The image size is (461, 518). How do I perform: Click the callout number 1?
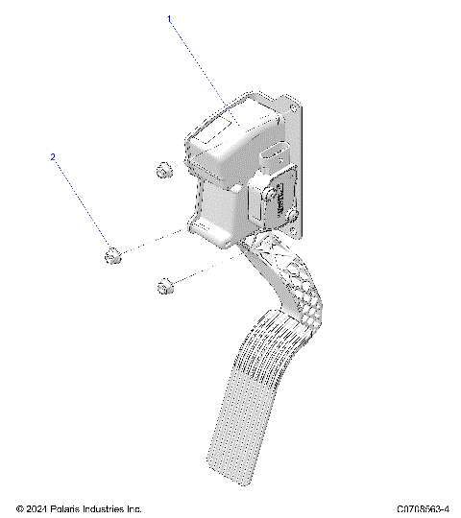[170, 19]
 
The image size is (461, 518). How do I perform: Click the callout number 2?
[53, 156]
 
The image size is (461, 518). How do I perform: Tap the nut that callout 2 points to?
[112, 255]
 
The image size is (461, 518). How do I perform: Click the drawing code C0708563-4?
[423, 508]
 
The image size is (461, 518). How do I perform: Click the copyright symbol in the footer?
[21, 508]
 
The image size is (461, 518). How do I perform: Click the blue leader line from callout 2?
[82, 202]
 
